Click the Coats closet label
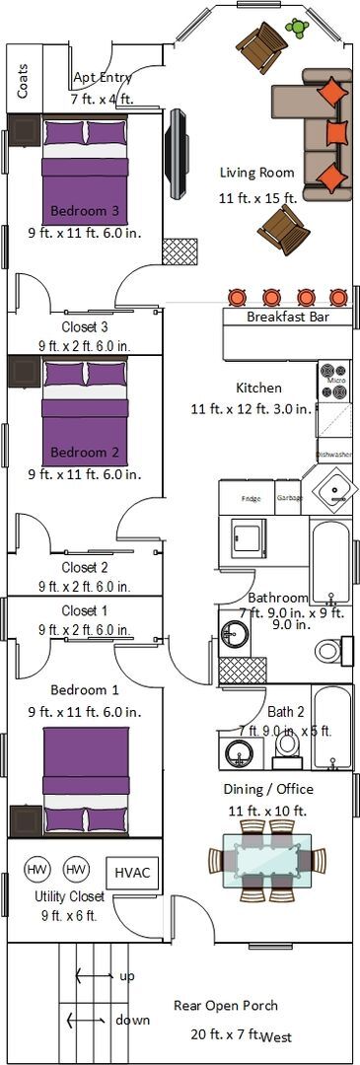[x=24, y=77]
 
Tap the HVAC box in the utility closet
[x=131, y=872]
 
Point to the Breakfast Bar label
[x=287, y=318]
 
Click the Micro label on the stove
[x=335, y=380]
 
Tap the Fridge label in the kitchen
[x=251, y=497]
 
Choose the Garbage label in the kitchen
[x=290, y=497]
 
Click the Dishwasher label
[x=334, y=455]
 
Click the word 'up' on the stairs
[x=127, y=975]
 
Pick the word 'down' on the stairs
[x=132, y=1020]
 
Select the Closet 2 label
[x=85, y=567]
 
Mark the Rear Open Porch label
[x=226, y=1006]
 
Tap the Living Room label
[x=256, y=173]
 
